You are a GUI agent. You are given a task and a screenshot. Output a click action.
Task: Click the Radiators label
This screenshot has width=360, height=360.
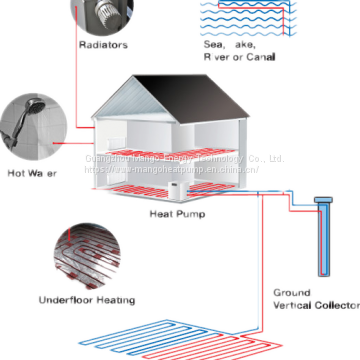tap(103, 45)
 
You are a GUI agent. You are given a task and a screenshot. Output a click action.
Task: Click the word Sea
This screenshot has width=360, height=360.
tap(214, 44)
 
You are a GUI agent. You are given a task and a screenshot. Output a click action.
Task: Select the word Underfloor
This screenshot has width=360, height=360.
tap(67, 299)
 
